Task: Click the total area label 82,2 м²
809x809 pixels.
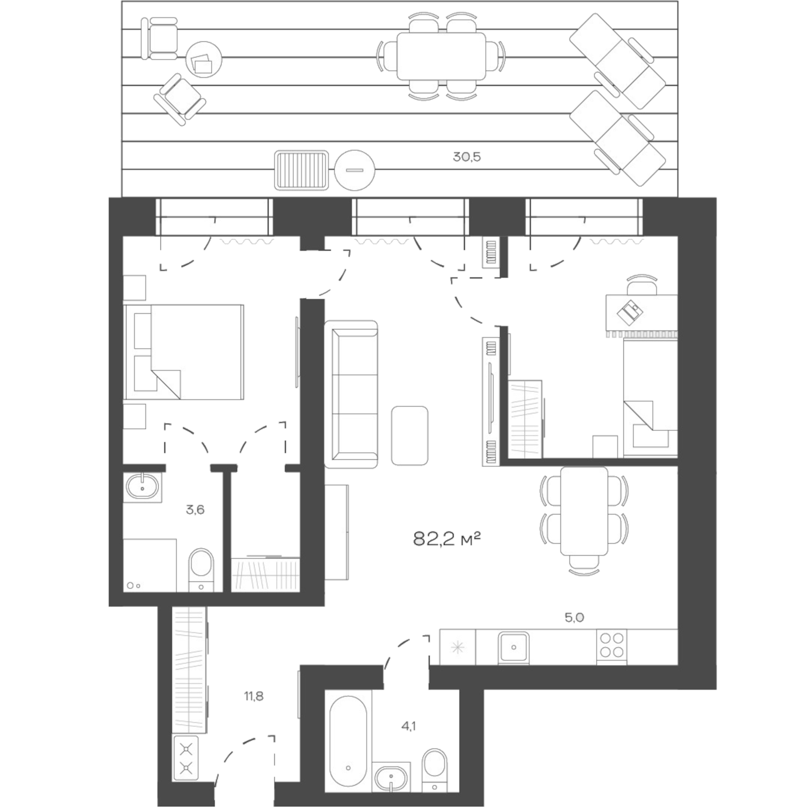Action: coord(447,538)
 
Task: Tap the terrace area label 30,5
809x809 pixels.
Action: coord(467,157)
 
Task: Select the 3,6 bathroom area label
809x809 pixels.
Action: coord(195,510)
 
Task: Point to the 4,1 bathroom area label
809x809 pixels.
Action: coord(408,738)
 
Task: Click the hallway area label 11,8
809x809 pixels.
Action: coord(254,697)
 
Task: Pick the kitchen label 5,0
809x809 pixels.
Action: coord(574,618)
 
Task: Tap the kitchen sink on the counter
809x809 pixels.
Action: coord(513,647)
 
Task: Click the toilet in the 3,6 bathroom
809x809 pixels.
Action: coord(201,568)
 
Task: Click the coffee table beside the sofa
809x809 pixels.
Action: coord(409,435)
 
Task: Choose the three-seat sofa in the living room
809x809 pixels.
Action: coord(351,394)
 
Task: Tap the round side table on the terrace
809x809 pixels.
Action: coord(204,59)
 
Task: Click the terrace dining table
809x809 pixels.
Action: coord(441,56)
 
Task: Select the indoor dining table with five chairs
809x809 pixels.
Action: coord(584,511)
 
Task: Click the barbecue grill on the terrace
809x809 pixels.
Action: coord(302,170)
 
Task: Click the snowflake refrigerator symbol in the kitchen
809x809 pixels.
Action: coord(458,647)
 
